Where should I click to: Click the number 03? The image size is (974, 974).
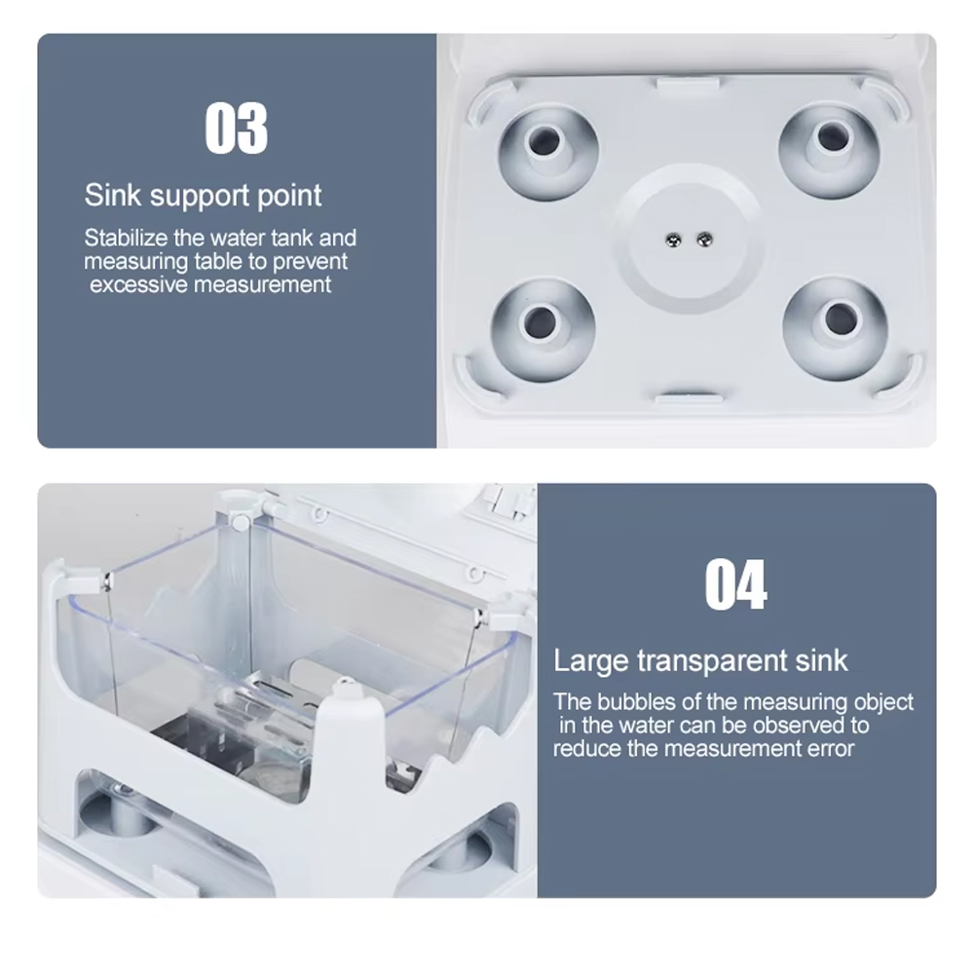pyautogui.click(x=236, y=129)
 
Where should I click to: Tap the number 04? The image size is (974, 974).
pyautogui.click(x=735, y=584)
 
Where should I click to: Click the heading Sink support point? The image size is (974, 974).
pyautogui.click(x=203, y=195)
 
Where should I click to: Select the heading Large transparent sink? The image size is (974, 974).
pyautogui.click(x=700, y=660)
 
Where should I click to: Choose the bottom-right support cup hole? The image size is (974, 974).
pyautogui.click(x=836, y=318)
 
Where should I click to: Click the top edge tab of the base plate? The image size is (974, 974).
pyautogui.click(x=688, y=85)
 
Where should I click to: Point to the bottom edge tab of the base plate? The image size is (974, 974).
pyautogui.click(x=689, y=398)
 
